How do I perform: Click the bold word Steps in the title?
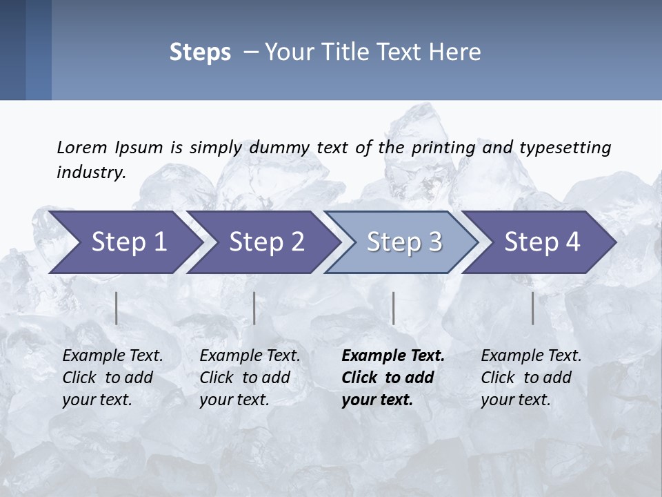pos(200,52)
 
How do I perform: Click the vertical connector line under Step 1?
pos(117,308)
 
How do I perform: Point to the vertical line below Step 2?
pos(254,308)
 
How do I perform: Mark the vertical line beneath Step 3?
pos(394,308)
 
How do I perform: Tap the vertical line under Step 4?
pos(533,308)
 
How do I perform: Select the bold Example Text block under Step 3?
pos(393,378)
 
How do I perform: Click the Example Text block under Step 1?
pos(112,378)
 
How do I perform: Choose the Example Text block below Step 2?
pos(250,378)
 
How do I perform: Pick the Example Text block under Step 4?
pos(531,378)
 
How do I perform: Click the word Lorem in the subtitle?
pos(81,147)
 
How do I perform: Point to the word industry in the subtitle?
pos(91,173)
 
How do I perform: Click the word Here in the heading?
pos(457,52)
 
